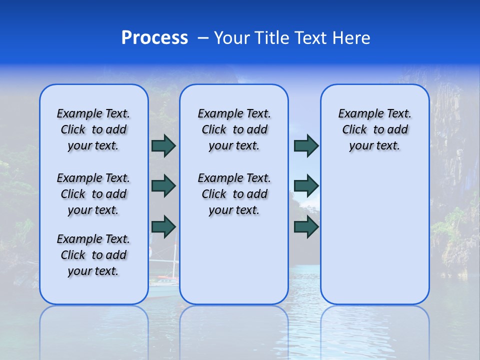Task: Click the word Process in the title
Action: pyautogui.click(x=154, y=38)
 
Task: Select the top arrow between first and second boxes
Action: pyautogui.click(x=163, y=146)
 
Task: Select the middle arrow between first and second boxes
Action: pyautogui.click(x=163, y=186)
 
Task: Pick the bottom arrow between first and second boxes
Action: pyautogui.click(x=163, y=226)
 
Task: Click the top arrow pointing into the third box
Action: pyautogui.click(x=306, y=146)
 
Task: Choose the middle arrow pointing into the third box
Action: pyautogui.click(x=306, y=186)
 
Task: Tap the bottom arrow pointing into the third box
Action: pyautogui.click(x=306, y=226)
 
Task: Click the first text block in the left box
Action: pyautogui.click(x=93, y=129)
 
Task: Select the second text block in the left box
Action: pyautogui.click(x=93, y=194)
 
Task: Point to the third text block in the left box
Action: pyautogui.click(x=93, y=255)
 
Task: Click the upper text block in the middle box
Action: pyautogui.click(x=234, y=129)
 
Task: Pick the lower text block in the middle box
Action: pyautogui.click(x=234, y=194)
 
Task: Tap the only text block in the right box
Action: pyautogui.click(x=374, y=129)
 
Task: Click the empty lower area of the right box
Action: pyautogui.click(x=374, y=240)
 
